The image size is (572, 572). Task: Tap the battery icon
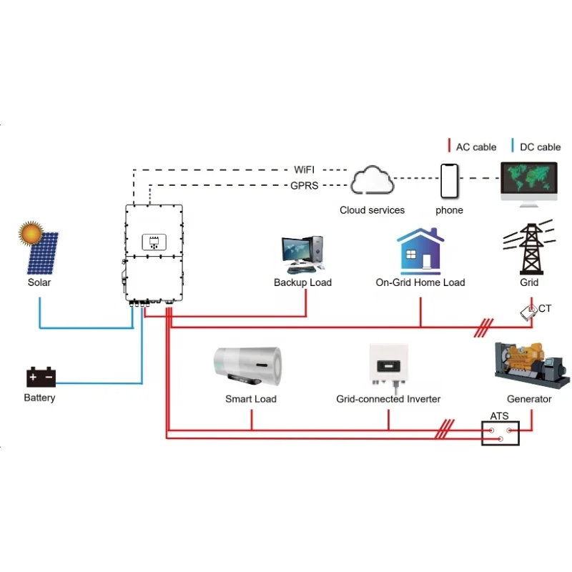(41, 377)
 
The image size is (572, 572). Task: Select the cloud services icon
(372, 181)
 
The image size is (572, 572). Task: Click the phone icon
(449, 181)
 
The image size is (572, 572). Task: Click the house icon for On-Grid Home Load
(420, 251)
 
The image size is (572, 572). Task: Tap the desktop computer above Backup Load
(302, 255)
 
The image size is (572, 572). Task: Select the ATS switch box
(500, 433)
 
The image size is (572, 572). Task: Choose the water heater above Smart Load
(248, 367)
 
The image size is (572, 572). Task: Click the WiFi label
(305, 170)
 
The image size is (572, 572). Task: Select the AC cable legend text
(476, 147)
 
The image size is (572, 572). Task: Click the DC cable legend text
(540, 147)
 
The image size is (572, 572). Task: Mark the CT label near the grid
(546, 308)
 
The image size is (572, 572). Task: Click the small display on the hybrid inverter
(153, 242)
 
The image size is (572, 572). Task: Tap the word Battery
(39, 398)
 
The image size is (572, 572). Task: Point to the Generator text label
(529, 399)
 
